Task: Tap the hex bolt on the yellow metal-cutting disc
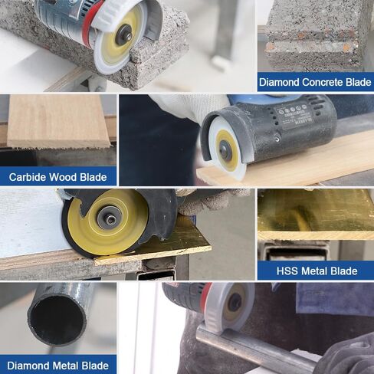[x=110, y=218]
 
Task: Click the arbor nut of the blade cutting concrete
[x=123, y=35]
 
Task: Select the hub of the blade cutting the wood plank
[x=225, y=149]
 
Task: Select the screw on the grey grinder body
[x=277, y=139]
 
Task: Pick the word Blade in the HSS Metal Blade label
[x=344, y=271]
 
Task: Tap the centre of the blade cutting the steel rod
[x=235, y=303]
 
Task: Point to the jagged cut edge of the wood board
[x=59, y=147]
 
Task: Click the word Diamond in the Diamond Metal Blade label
[x=28, y=366]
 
